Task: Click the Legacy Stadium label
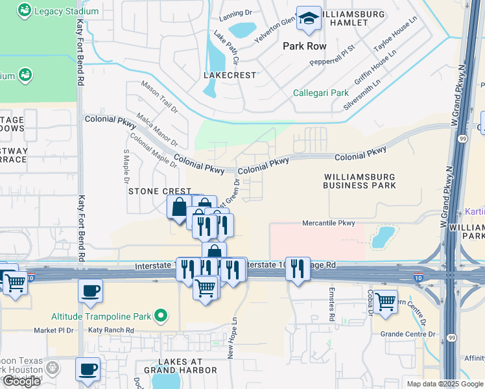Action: click(x=67, y=11)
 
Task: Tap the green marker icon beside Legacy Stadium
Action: click(x=24, y=11)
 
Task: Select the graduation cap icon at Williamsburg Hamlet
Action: click(x=309, y=19)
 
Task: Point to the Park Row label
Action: click(x=305, y=47)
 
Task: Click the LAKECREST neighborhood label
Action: click(x=230, y=75)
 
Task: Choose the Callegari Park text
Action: click(x=320, y=93)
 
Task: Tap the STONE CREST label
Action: click(x=160, y=191)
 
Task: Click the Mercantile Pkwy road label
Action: click(x=329, y=223)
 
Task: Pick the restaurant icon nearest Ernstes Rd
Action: click(x=298, y=268)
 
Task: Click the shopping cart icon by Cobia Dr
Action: click(x=386, y=302)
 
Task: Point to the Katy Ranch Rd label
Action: click(x=111, y=330)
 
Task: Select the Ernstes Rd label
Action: click(x=331, y=304)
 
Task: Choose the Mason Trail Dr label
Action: click(x=159, y=97)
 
